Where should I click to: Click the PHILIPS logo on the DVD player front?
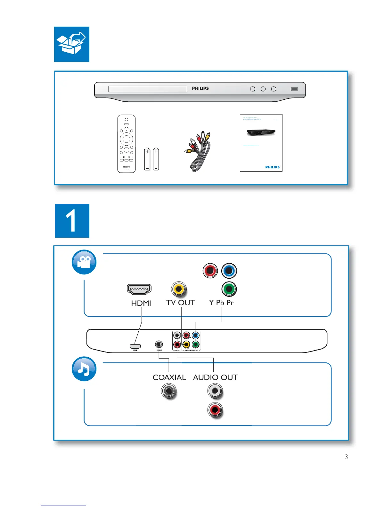200,88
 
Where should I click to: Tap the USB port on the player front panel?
294,89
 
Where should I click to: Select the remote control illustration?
127,144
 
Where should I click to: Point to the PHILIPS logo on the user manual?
272,167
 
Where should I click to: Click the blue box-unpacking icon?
72,44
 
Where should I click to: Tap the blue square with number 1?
72,221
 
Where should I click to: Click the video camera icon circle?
84,262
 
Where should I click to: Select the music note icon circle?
84,369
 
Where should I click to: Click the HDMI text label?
141,303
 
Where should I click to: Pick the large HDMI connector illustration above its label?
139,289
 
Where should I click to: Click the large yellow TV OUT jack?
179,289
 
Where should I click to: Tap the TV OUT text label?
180,302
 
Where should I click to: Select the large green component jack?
229,289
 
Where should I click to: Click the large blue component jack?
229,271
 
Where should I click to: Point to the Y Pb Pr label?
221,302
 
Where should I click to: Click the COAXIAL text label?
169,377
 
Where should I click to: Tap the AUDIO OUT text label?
215,377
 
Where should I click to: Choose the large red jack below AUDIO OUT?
215,410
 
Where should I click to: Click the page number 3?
346,457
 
